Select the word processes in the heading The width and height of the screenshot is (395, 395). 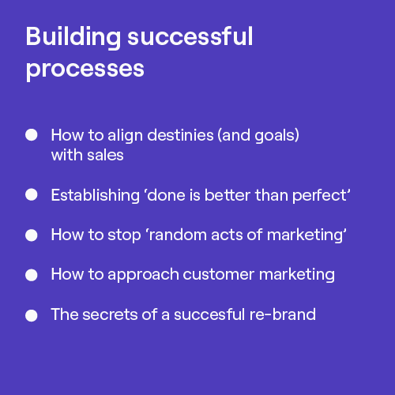pos(85,69)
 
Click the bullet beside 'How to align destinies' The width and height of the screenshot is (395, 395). pos(32,135)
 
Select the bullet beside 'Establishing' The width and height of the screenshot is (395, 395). pos(32,194)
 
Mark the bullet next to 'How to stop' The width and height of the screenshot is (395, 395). pos(32,235)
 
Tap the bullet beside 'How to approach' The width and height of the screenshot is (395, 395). pos(32,275)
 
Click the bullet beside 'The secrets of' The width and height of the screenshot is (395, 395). pos(32,315)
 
